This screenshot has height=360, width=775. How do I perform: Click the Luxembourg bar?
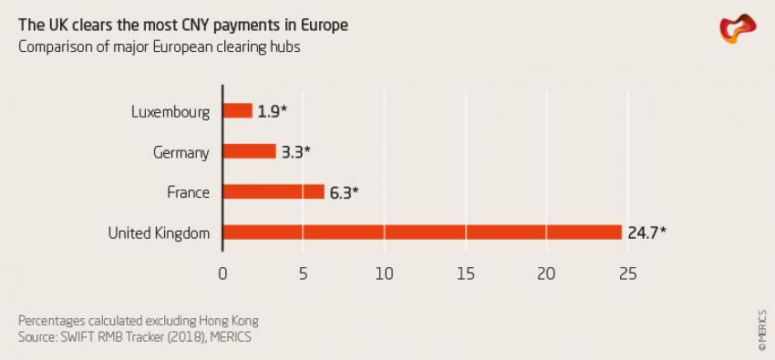[x=237, y=110]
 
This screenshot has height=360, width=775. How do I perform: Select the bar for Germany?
[x=249, y=151]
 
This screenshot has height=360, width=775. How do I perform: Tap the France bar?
[x=274, y=191]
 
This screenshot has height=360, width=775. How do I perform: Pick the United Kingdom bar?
[x=421, y=232]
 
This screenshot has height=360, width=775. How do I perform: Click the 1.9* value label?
[x=271, y=111]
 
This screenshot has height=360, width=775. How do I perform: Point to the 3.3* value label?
[x=294, y=152]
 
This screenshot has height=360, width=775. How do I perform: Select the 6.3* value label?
[x=343, y=192]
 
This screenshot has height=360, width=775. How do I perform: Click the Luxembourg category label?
[x=170, y=112]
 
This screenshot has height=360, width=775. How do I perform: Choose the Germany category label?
[x=182, y=152]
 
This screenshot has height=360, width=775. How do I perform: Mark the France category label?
[x=188, y=192]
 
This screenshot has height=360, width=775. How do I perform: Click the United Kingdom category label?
[x=159, y=233]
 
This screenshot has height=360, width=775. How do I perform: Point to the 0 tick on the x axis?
[x=222, y=273]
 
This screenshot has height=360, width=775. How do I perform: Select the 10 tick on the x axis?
[x=384, y=273]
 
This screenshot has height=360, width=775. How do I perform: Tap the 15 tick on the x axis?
[x=465, y=273]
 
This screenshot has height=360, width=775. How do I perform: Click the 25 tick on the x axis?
[x=626, y=273]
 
